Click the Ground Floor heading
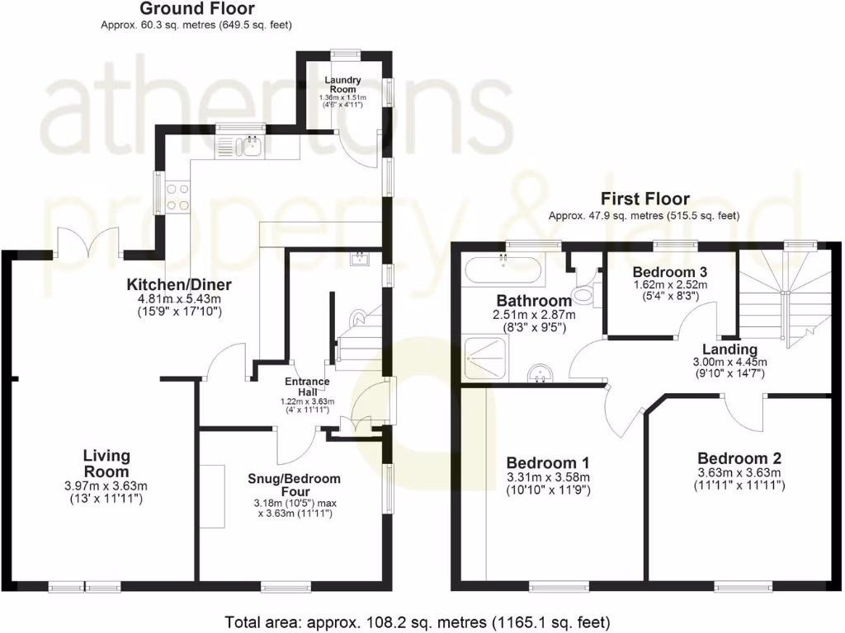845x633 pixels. click(196, 9)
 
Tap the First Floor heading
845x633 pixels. click(644, 199)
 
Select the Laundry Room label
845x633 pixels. click(342, 84)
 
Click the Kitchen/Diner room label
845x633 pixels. click(178, 285)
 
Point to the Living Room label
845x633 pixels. click(106, 463)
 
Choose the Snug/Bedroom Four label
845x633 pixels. click(294, 485)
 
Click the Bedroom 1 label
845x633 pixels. click(549, 462)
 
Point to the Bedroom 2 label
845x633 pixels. click(739, 458)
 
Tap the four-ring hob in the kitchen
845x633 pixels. click(177, 196)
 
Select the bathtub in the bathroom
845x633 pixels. click(503, 269)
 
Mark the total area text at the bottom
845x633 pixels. click(417, 621)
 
